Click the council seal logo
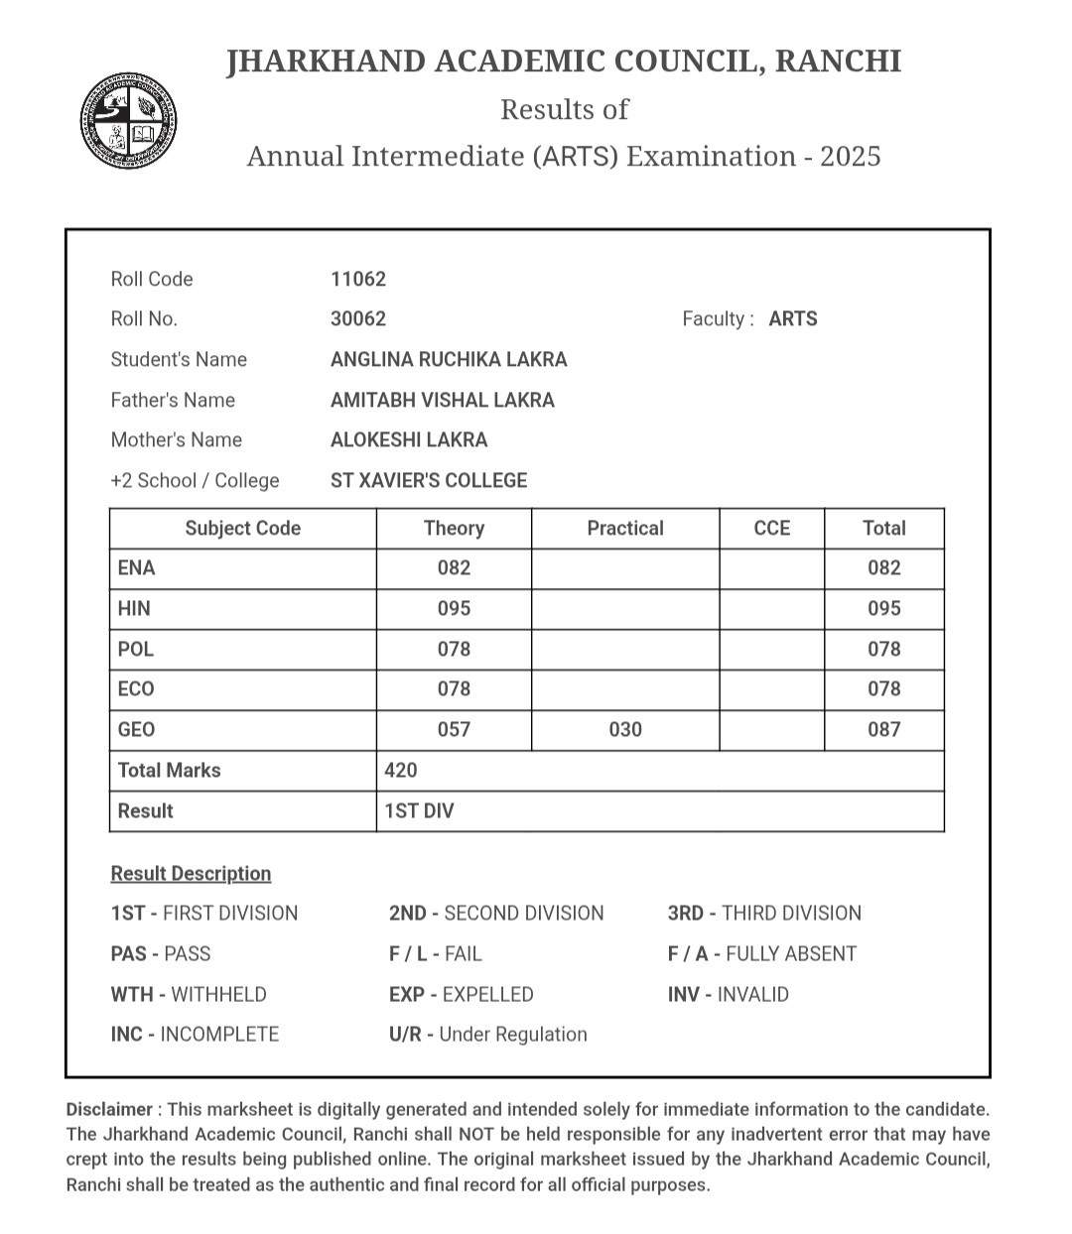129,121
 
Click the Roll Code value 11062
358,279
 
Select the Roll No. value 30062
358,318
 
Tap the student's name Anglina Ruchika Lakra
449,359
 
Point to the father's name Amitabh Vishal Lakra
443,400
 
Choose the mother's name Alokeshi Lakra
409,439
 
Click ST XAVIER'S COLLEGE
429,480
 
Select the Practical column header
625,528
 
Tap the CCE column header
772,528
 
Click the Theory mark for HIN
454,608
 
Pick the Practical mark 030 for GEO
625,729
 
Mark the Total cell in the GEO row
883,729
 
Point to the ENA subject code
136,567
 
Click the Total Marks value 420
401,770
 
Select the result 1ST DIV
419,810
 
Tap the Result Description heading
191,873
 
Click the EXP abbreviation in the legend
407,994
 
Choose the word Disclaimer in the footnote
109,1109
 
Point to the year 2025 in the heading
851,156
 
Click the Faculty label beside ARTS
715,318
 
